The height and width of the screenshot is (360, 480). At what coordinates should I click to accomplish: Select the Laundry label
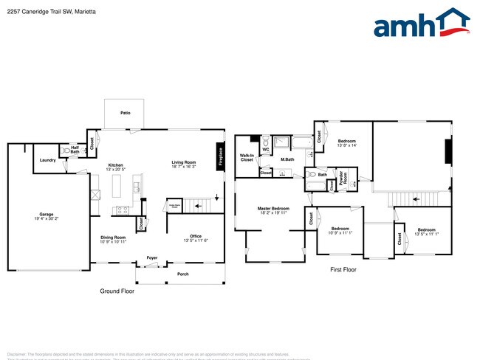pos(48,159)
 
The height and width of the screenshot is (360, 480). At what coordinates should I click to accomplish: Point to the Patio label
pos(126,113)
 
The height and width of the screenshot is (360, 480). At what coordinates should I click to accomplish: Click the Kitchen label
pos(116,165)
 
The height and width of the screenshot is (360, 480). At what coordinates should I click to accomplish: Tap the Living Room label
pos(183,162)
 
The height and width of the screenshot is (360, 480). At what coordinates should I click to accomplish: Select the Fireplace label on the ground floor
pos(220,156)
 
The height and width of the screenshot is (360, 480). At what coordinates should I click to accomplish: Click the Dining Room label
pos(114,238)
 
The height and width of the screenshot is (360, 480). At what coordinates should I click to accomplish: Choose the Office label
pos(196,236)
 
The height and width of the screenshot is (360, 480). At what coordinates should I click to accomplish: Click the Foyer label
pos(151,257)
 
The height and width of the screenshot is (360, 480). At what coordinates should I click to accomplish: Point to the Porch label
pos(182,274)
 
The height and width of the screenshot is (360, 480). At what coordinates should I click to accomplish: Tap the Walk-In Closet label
pos(247,157)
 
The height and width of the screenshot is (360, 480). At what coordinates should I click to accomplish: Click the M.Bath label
pos(287,159)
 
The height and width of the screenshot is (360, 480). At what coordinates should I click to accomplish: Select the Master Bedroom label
pos(273,209)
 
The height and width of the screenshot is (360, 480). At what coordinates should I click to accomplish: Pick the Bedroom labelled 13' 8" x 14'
pos(347,141)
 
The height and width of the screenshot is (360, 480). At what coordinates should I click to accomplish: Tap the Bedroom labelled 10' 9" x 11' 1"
pos(340,229)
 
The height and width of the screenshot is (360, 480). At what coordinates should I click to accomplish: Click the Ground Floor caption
pos(117,291)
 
